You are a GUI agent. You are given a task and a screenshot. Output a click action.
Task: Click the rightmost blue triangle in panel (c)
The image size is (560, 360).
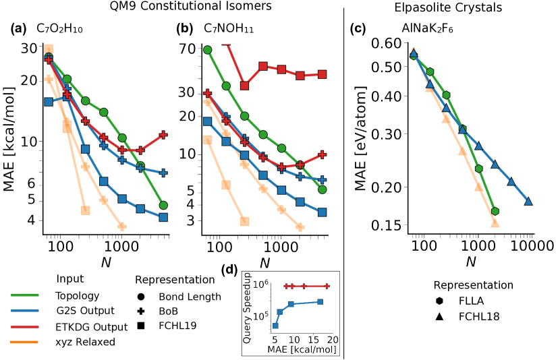(x=528, y=201)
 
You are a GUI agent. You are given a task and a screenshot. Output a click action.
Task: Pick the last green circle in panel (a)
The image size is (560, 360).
(x=163, y=205)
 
